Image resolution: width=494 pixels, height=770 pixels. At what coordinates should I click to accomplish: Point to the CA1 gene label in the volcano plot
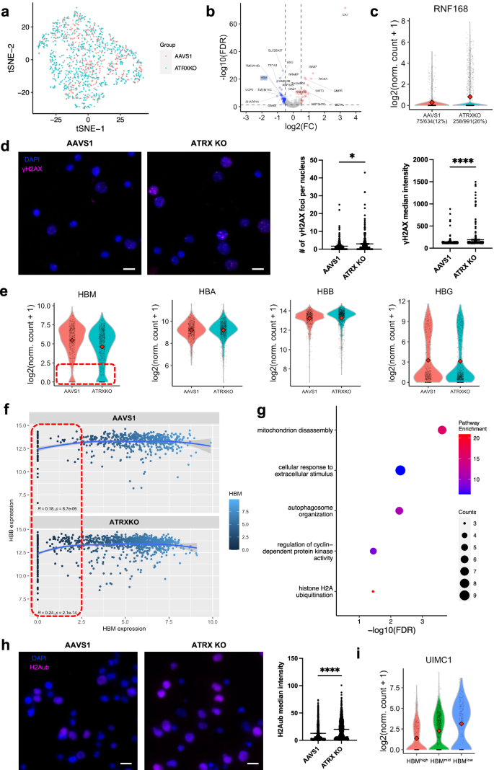345,14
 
